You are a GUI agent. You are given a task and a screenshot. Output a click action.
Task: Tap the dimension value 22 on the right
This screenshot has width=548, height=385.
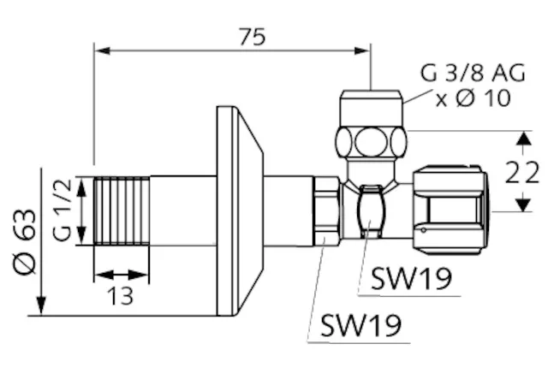(521, 173)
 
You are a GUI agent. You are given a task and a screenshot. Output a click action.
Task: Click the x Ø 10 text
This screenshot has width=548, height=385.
(474, 98)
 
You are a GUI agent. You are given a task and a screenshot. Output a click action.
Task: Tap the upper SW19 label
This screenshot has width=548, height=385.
(410, 279)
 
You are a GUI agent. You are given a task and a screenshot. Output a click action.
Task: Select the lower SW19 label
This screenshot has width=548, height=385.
(360, 324)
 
